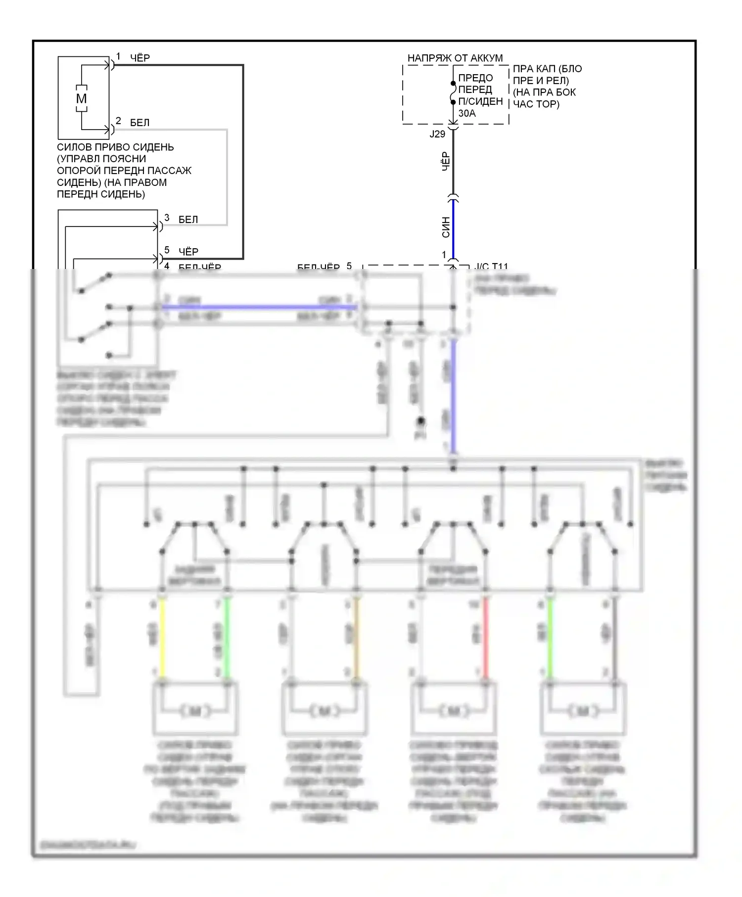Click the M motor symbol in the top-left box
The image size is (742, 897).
tap(81, 99)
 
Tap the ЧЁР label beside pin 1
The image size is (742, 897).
tap(140, 58)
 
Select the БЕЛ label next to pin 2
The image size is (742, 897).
tap(139, 123)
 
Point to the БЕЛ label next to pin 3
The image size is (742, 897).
tap(188, 220)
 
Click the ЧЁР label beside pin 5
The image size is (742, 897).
tap(188, 252)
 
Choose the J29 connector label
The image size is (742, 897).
tap(437, 134)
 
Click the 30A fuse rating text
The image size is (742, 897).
tap(467, 113)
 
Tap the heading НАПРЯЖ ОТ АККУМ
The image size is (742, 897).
tap(455, 58)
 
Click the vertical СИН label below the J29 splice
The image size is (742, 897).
tap(446, 227)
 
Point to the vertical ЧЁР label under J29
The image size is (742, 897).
tap(445, 162)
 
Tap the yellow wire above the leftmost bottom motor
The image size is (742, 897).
tap(162, 638)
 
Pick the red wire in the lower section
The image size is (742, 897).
tap(485, 638)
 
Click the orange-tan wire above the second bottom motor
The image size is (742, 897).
tap(356, 638)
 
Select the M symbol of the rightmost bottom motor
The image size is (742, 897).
tap(582, 711)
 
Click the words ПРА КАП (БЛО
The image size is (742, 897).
tap(547, 69)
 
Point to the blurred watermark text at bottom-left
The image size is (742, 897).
tap(88, 845)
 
